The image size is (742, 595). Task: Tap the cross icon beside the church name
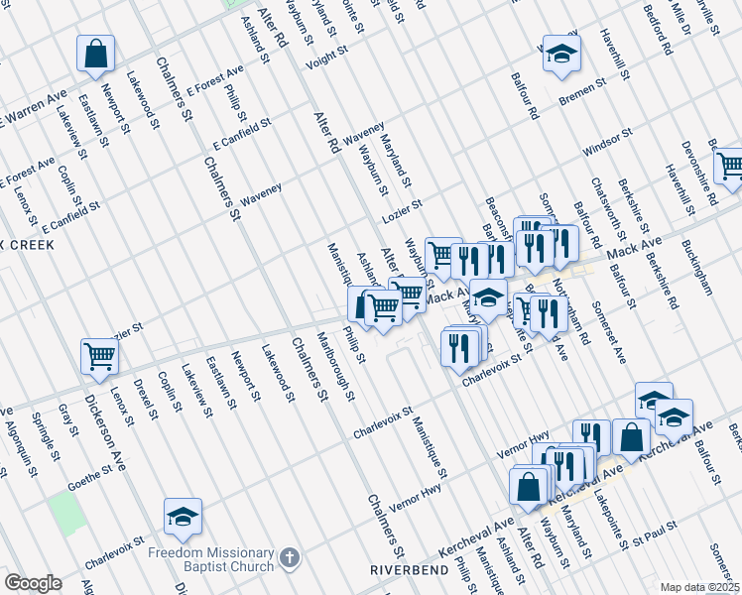point(289,559)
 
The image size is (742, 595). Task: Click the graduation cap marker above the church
point(183,516)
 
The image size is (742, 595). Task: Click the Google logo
point(33,583)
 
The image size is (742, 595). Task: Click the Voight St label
point(326,56)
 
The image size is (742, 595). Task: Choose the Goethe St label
point(88,482)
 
